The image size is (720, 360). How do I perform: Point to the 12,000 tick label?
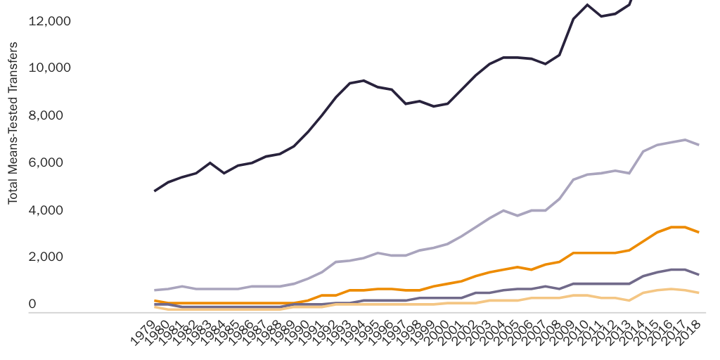point(49,21)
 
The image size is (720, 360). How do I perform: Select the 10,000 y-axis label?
point(49,68)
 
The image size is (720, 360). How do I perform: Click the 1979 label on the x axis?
point(145,332)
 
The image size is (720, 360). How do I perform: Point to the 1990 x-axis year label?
point(298,332)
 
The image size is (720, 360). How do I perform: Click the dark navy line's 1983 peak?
point(210,162)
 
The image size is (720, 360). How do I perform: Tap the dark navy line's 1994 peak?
point(364,80)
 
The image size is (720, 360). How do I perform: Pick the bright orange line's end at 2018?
point(698,232)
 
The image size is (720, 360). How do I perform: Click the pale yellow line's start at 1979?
point(155,307)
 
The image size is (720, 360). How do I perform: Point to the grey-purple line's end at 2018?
point(698,274)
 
